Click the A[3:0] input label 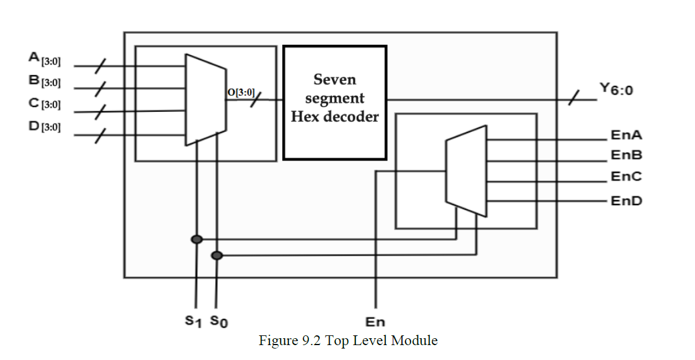[44, 59]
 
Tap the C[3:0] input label [44, 104]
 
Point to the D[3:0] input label [44, 126]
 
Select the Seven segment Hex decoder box [334, 102]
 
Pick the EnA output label [626, 136]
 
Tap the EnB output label [626, 155]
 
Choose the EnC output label [626, 177]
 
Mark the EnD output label [626, 201]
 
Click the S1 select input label [194, 322]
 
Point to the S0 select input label [218, 322]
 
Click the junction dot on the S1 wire [197, 239]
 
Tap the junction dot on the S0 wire [217, 255]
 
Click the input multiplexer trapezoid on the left [205, 100]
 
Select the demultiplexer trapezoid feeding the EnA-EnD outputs [466, 171]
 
